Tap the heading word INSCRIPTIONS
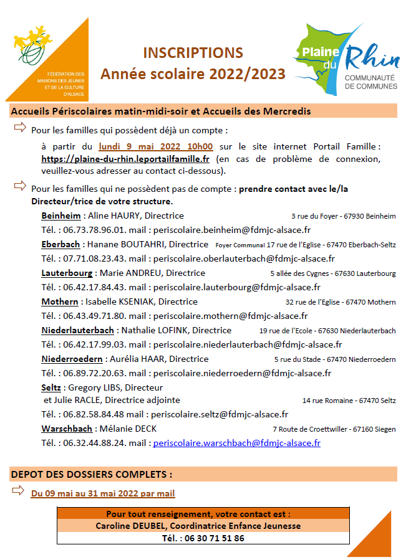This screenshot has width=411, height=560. coord(193,52)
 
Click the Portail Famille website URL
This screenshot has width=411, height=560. coord(125,159)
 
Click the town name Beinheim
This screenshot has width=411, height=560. coord(61,216)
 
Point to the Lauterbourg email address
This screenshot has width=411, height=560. coord(237,287)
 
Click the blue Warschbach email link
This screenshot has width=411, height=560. coord(236,443)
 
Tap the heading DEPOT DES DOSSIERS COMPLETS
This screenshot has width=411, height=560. coord(92,474)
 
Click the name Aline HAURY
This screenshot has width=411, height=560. coord(112,216)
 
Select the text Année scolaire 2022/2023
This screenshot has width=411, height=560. coord(193,74)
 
